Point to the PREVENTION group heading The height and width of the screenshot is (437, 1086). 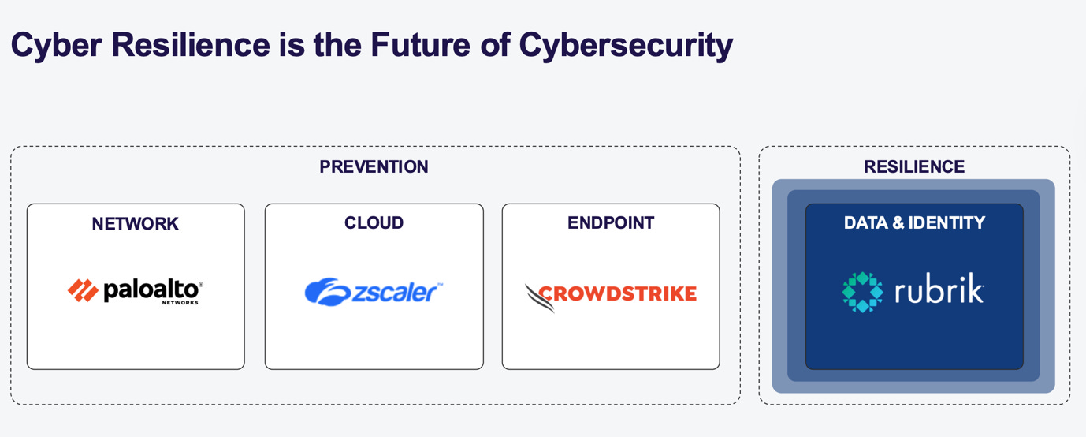click(x=374, y=167)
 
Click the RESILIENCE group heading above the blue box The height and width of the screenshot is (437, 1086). click(x=913, y=167)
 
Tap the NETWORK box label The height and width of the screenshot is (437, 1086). click(x=135, y=224)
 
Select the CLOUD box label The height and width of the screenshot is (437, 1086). click(x=374, y=223)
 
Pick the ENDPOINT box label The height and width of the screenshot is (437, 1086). click(x=610, y=223)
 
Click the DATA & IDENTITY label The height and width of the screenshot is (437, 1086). click(x=914, y=223)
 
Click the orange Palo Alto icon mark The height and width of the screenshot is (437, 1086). click(x=82, y=291)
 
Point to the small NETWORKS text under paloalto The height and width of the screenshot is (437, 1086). click(x=180, y=303)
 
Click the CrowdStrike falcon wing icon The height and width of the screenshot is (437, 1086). click(x=540, y=297)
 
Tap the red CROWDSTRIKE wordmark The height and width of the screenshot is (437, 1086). click(x=617, y=294)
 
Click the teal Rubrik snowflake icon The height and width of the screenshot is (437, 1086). click(x=863, y=292)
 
